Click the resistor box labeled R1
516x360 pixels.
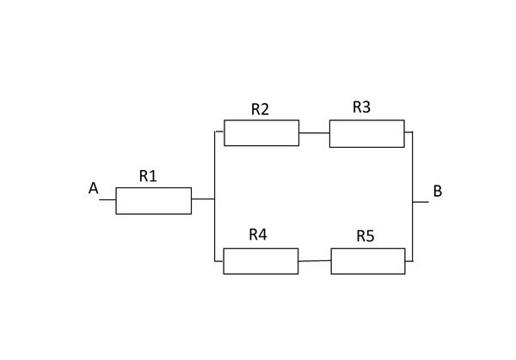tap(153, 201)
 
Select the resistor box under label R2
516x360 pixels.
tap(261, 133)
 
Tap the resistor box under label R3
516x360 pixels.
tap(366, 134)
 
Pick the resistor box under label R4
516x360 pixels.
tap(261, 260)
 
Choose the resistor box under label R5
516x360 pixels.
tap(367, 260)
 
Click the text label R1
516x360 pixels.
tap(148, 176)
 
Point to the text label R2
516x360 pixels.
tap(261, 109)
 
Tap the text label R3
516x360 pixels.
tap(362, 107)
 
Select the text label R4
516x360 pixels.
tap(258, 234)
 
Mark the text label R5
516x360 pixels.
tap(365, 235)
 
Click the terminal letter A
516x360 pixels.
tap(93, 188)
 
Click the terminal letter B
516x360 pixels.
tap(437, 191)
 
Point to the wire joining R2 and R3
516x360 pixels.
tap(314, 133)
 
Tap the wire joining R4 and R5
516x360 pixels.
tap(315, 260)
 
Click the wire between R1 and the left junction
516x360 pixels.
tap(203, 199)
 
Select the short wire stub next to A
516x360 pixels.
tap(107, 199)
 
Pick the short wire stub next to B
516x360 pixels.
tap(421, 202)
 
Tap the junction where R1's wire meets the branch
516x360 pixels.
tap(214, 199)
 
